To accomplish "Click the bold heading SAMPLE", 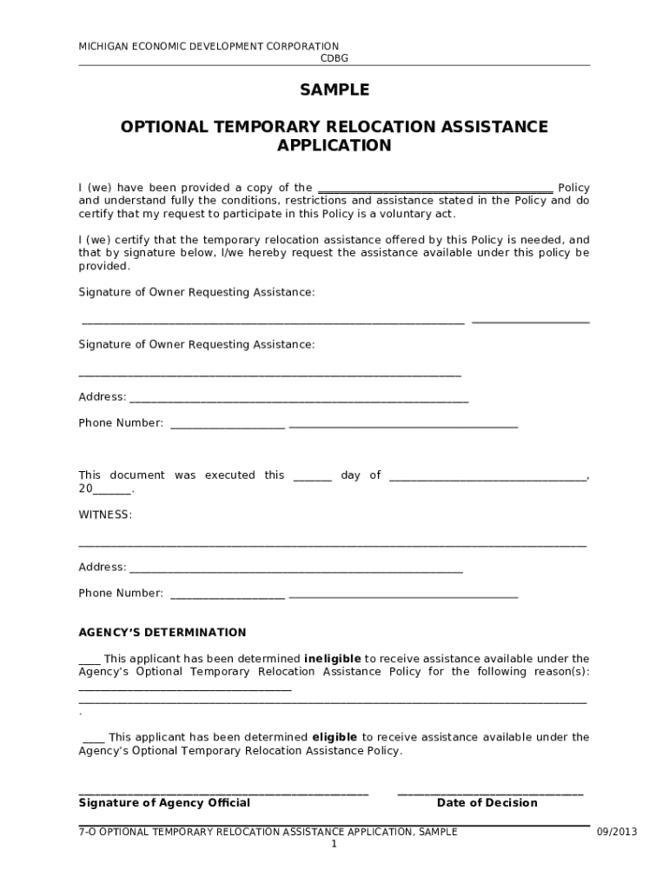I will tap(334, 90).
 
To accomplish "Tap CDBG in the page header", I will tap(334, 58).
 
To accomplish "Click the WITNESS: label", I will tap(105, 515).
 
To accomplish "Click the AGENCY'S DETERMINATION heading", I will tap(162, 632).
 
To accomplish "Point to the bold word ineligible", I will tap(332, 659).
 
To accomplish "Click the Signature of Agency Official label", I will tap(164, 802).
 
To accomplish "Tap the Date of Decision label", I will tap(487, 802).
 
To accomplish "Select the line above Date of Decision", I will tap(490, 794).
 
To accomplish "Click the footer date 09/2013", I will tap(616, 832).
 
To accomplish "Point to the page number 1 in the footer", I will tap(334, 844).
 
